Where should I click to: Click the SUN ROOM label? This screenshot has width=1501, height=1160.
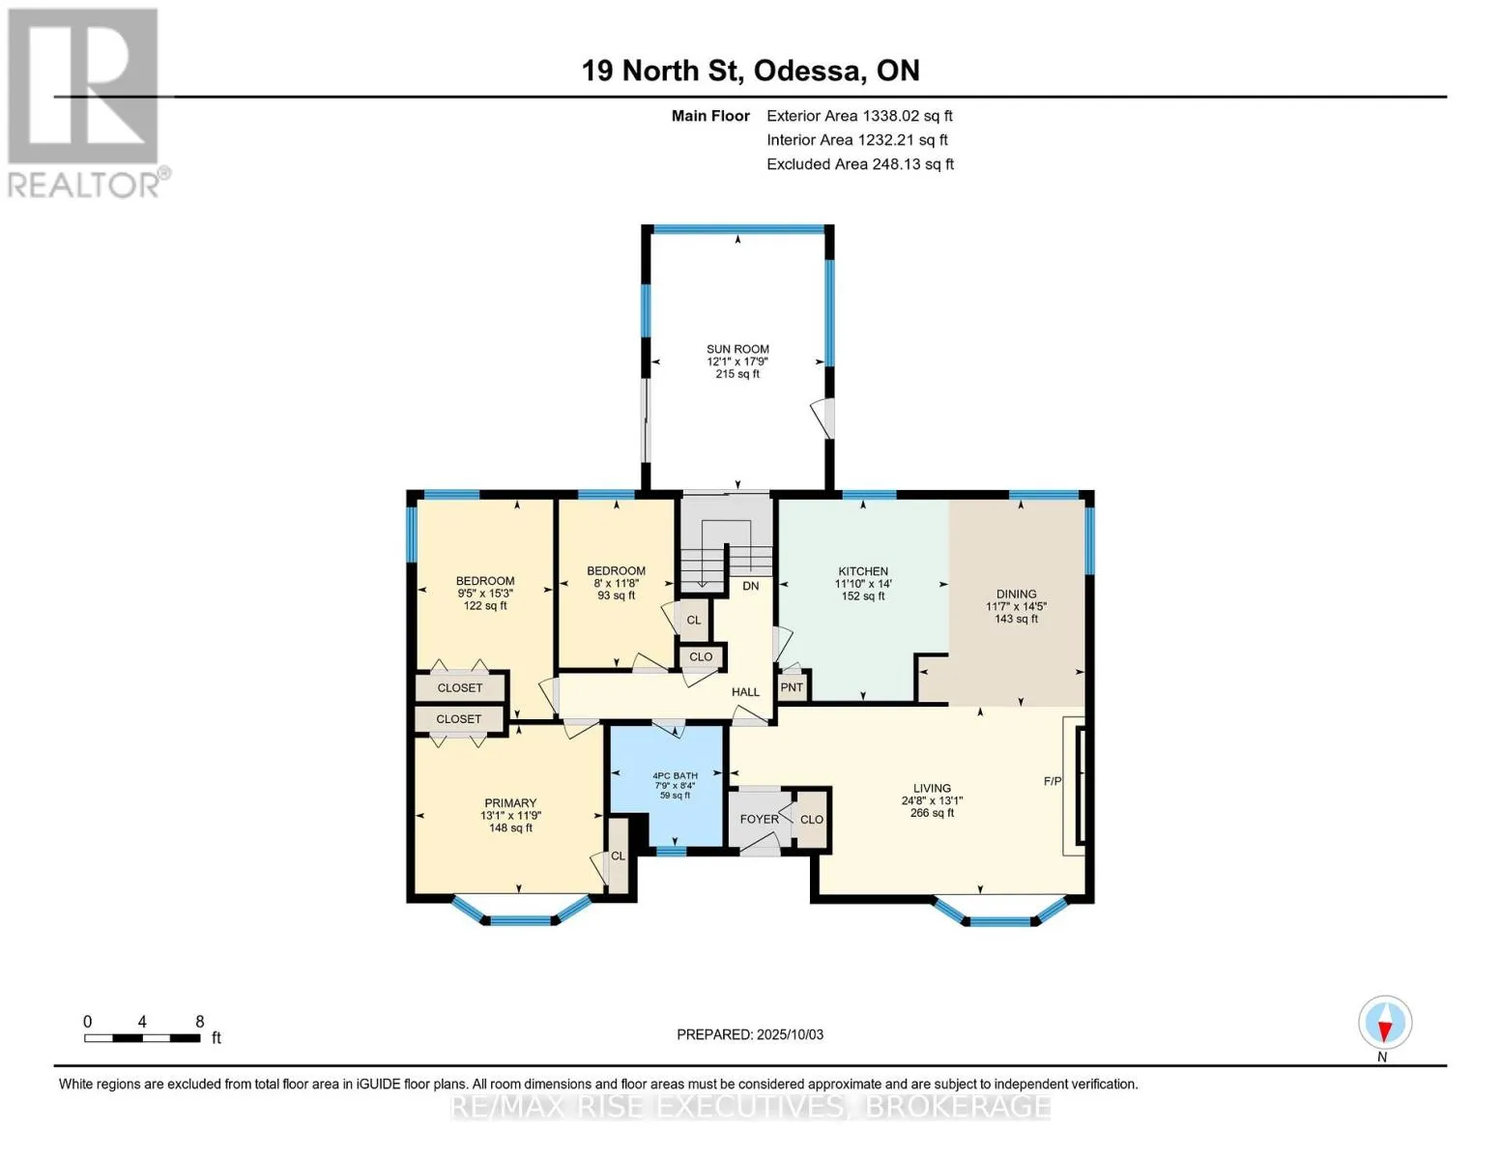(x=737, y=349)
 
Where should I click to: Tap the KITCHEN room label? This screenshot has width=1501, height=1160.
(x=863, y=571)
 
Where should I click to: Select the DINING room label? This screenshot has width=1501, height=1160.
(x=1016, y=594)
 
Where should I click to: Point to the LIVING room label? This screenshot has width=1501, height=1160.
(x=932, y=788)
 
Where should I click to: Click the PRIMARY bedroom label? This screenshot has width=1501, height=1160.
(x=510, y=802)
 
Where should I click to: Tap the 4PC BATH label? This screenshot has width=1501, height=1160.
(x=675, y=776)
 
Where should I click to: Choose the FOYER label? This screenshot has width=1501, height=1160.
(x=759, y=819)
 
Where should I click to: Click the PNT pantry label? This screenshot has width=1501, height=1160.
(x=792, y=687)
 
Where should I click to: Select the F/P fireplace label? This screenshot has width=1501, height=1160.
(x=1052, y=781)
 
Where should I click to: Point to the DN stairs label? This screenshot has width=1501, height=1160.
(x=751, y=586)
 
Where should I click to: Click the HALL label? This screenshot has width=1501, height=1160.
(x=745, y=691)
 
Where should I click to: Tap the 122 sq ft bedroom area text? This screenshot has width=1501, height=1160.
(x=485, y=606)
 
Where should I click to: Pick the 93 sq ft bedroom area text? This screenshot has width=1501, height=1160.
(x=616, y=595)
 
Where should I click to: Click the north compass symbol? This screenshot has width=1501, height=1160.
(x=1385, y=1023)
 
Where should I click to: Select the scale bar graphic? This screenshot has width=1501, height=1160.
(x=142, y=1038)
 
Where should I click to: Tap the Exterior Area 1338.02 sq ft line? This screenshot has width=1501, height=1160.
(x=859, y=116)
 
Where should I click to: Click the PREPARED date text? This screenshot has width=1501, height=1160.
(x=750, y=1034)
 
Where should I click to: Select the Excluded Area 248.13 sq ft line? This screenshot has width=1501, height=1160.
(x=860, y=164)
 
